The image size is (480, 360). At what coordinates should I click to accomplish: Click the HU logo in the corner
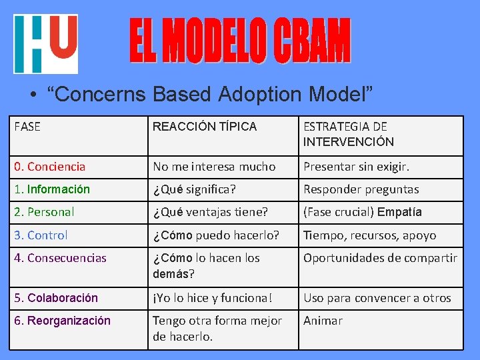click(45, 43)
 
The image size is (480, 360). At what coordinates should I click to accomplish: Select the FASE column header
click(27, 127)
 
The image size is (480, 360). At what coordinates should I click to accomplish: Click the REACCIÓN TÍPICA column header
click(204, 127)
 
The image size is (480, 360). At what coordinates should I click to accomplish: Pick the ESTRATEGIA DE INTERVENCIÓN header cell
click(348, 134)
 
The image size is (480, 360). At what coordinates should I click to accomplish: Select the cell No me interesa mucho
click(213, 167)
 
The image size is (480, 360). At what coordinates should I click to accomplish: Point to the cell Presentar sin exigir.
click(356, 167)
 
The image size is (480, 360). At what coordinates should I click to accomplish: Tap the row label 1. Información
click(52, 189)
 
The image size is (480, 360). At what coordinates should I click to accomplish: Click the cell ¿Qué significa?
click(194, 189)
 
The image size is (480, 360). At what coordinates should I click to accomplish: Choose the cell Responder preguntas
click(361, 189)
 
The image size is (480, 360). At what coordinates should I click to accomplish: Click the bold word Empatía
click(399, 212)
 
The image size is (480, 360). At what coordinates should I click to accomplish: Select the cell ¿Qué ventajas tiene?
click(210, 212)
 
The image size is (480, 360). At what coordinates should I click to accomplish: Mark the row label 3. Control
click(41, 235)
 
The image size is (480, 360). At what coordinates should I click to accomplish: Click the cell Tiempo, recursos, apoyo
click(369, 235)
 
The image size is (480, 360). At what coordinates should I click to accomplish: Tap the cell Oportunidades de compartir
click(380, 258)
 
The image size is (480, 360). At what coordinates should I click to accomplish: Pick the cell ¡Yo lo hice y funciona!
click(213, 298)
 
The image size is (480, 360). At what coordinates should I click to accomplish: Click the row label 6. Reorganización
click(62, 321)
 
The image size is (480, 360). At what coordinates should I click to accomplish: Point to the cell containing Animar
click(323, 321)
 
